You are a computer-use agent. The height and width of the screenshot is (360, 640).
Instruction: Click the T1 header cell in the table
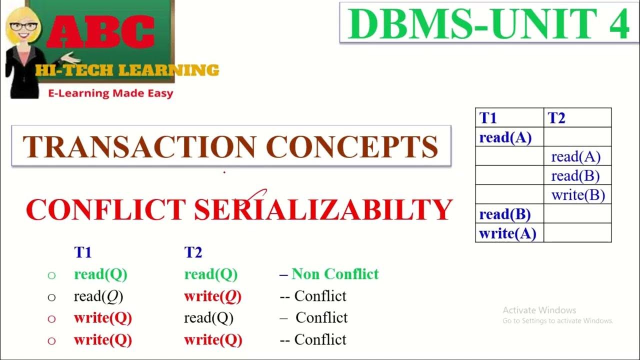(488, 118)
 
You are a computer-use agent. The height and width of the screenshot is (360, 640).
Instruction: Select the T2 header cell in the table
(556, 118)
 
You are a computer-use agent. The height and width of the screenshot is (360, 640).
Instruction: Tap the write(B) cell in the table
(578, 195)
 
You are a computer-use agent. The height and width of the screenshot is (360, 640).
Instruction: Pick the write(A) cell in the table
(507, 233)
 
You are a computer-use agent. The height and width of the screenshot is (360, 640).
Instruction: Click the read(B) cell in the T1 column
(504, 214)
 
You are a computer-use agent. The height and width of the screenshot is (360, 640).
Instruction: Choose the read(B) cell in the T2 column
(575, 176)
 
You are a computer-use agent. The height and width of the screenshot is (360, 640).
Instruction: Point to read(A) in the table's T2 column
(575, 157)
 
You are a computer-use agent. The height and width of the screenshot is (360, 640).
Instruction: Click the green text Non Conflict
(335, 274)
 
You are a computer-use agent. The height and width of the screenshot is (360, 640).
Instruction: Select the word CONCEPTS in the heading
(352, 146)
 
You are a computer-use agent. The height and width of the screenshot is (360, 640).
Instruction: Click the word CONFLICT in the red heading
(105, 210)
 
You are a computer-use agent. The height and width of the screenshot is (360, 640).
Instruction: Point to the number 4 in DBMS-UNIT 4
(619, 23)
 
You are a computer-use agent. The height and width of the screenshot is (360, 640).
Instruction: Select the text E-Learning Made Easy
(110, 93)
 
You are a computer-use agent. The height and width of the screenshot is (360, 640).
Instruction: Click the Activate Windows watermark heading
(539, 310)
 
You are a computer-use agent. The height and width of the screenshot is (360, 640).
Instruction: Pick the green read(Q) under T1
(100, 274)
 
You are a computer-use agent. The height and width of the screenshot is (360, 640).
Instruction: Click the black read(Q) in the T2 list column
(208, 318)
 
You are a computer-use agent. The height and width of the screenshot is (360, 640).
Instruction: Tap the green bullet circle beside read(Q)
(51, 275)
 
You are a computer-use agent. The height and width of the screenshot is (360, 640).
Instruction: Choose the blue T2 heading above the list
(193, 252)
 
